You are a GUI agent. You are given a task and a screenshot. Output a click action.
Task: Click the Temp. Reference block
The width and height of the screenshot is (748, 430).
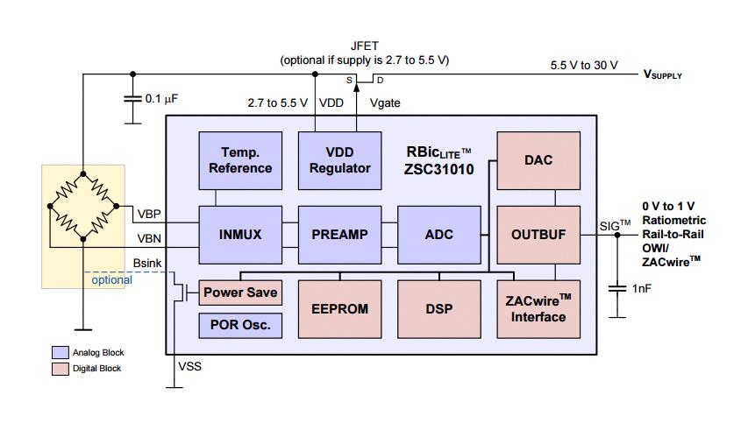[x=240, y=160]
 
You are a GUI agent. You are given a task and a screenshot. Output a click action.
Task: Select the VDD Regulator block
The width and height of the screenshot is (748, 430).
[x=340, y=160]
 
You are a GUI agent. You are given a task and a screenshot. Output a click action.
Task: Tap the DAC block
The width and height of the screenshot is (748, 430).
[x=538, y=160]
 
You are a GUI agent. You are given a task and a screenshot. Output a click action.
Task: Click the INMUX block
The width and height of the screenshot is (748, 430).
[x=240, y=235]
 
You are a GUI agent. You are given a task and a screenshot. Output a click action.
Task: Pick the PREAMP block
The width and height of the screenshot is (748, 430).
[x=340, y=235]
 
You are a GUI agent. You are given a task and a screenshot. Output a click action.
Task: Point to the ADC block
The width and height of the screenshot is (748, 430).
[x=439, y=235]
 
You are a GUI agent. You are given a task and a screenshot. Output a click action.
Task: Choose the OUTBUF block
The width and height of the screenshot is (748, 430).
[x=538, y=235]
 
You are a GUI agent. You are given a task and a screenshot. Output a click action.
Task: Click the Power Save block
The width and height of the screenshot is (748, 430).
[x=241, y=293]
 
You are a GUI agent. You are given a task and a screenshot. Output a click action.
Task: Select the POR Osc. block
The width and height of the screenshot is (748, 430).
[x=241, y=325]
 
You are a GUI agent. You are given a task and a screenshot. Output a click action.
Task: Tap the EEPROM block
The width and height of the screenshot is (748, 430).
[x=340, y=308]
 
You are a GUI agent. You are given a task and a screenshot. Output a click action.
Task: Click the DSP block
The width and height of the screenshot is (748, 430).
[x=439, y=308]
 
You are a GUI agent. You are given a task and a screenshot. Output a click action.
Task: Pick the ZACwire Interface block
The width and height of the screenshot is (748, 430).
[x=538, y=308]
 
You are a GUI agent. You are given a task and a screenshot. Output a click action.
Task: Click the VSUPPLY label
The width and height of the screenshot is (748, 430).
[x=663, y=75]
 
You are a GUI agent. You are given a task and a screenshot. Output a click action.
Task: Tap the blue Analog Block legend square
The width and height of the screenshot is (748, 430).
[x=61, y=352]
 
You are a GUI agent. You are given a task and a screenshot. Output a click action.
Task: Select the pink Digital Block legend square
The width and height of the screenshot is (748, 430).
[x=61, y=369]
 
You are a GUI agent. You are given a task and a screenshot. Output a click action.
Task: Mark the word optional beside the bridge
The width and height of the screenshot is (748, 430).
[x=112, y=280]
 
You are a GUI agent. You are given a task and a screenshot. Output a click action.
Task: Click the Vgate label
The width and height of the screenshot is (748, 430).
[x=385, y=102]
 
